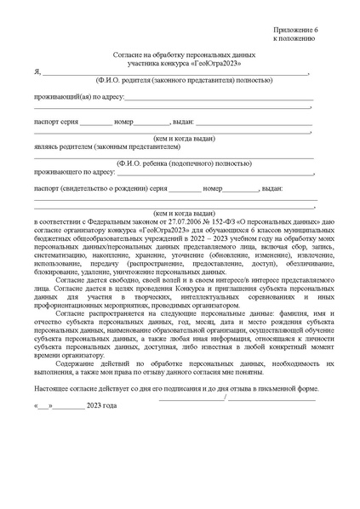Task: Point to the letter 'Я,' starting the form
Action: tap(37, 73)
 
